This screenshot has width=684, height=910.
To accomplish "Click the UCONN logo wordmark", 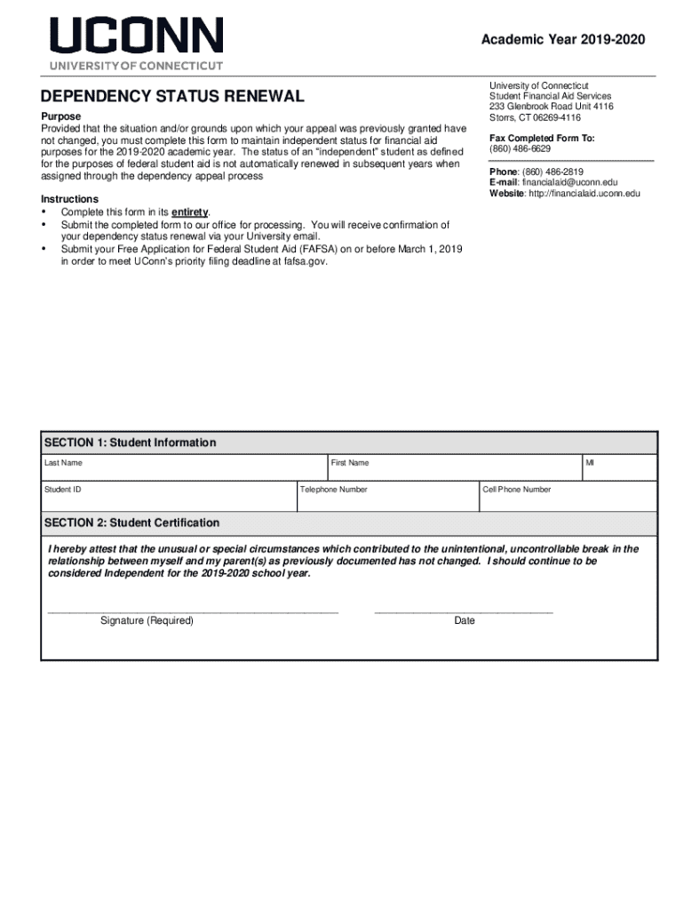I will tap(136, 36).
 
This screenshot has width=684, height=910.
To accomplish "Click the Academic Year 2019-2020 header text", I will tap(562, 40).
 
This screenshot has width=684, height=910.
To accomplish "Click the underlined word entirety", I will tap(189, 212).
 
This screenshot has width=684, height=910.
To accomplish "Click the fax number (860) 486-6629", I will tap(520, 149).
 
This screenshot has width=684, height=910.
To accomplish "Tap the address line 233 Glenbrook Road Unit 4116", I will tap(551, 107).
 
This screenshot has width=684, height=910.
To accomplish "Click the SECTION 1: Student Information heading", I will tap(130, 443).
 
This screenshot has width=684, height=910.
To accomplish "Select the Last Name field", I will tap(185, 469).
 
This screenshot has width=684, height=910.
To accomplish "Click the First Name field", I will tap(453, 469).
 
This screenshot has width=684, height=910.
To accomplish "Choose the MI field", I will tap(619, 469).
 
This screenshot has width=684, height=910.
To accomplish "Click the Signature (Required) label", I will tap(147, 620).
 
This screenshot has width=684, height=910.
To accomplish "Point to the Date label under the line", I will tap(464, 620).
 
